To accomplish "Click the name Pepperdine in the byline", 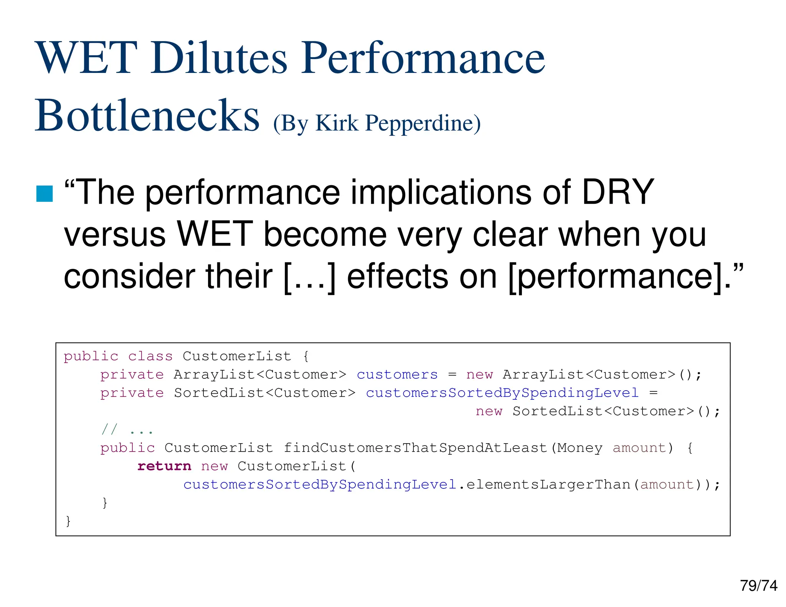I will [x=422, y=124].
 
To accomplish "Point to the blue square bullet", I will [x=45, y=193].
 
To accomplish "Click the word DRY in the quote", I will [x=618, y=192].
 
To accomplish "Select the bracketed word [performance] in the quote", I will [x=615, y=277].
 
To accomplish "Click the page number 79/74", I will [x=758, y=586].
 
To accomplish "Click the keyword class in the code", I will [x=150, y=356].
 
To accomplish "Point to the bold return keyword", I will [x=164, y=466].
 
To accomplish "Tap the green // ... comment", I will [x=127, y=430].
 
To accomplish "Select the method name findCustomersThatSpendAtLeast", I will [x=415, y=448].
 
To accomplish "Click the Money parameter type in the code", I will [x=580, y=448].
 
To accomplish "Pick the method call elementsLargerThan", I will [x=548, y=484].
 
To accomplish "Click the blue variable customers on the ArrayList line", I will [x=397, y=374].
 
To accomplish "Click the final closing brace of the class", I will [x=68, y=521].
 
